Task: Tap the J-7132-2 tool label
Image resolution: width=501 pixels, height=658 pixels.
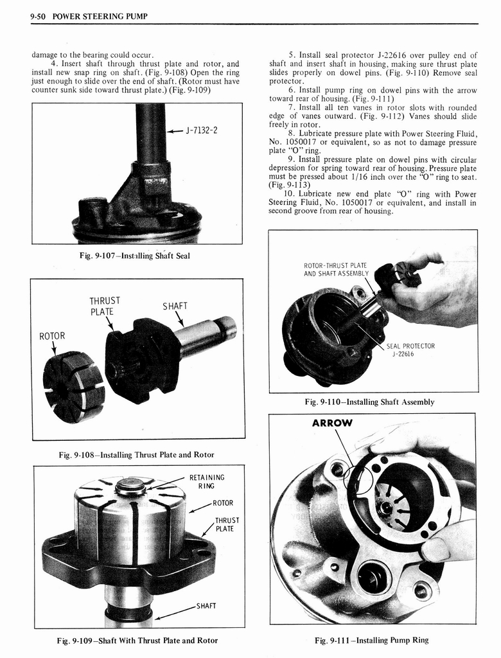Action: (201, 130)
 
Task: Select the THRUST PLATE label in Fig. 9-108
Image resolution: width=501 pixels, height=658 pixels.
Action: (105, 306)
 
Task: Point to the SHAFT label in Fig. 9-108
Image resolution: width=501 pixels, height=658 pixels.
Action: (175, 306)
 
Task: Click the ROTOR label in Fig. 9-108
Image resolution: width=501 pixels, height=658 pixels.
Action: (52, 336)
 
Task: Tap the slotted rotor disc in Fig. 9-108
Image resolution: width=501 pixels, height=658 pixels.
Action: (73, 387)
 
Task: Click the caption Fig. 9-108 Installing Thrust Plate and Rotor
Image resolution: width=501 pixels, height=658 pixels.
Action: (136, 455)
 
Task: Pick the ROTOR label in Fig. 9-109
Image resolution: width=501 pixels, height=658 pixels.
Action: (223, 503)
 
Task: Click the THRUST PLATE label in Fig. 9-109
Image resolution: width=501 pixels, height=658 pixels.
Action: (227, 524)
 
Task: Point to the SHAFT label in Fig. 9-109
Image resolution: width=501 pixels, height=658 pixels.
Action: (206, 606)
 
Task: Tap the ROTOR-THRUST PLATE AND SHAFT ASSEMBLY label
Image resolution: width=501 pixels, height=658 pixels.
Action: (335, 269)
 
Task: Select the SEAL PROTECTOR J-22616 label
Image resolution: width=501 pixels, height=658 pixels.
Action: (410, 350)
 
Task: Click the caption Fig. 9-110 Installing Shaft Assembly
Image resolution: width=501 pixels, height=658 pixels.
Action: (370, 402)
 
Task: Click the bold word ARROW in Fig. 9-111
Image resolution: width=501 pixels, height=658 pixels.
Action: (332, 423)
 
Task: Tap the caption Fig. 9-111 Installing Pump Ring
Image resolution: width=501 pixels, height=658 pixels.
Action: (372, 640)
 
